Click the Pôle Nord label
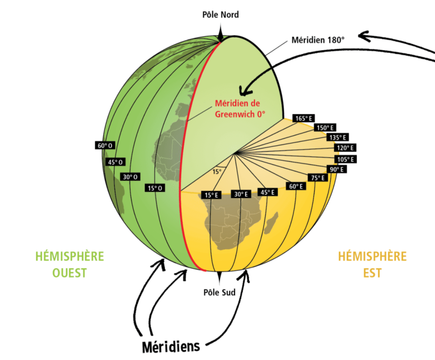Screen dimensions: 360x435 click(220, 15)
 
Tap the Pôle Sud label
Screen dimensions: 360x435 click(220, 292)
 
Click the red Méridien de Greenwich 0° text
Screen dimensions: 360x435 click(240, 110)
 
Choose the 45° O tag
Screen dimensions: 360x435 click(115, 162)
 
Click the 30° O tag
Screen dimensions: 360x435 click(130, 177)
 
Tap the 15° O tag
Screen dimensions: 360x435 click(155, 188)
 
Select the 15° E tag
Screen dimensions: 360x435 click(211, 195)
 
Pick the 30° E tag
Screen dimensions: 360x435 click(241, 194)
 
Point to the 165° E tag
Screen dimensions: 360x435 click(303, 118)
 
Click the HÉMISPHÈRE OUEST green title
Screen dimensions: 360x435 click(69, 264)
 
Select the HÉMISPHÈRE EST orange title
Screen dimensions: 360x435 click(372, 264)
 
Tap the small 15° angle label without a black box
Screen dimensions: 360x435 click(217, 171)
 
